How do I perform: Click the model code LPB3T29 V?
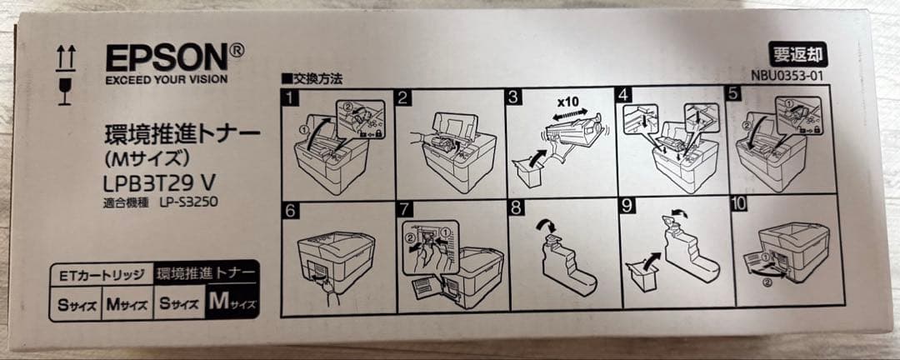click(158, 182)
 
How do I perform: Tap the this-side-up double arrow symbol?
click(65, 57)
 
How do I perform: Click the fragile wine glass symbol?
click(65, 90)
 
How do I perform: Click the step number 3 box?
click(514, 97)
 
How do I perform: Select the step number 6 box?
click(291, 210)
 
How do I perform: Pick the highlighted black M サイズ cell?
click(231, 303)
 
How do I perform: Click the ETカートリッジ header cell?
click(102, 274)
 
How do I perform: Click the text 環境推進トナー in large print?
click(182, 132)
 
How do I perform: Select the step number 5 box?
click(733, 94)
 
